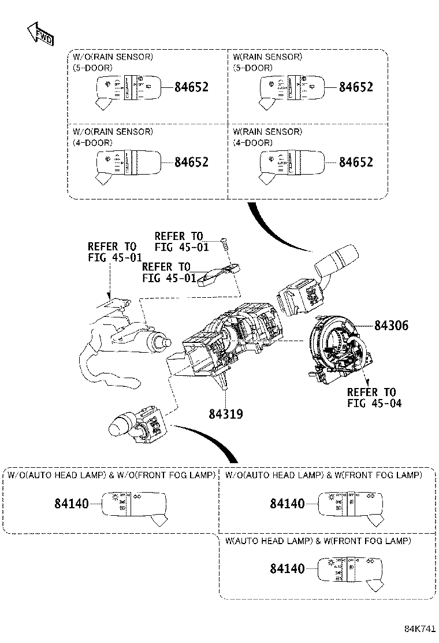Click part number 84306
point(391,326)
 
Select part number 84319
point(225,414)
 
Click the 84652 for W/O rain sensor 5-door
point(191,87)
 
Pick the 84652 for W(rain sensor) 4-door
point(356,162)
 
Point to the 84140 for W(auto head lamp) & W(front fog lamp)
point(287,568)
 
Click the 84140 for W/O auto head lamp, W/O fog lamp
point(72,504)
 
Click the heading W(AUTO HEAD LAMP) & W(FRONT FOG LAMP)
point(318,541)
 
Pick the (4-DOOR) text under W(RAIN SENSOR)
point(252,142)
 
